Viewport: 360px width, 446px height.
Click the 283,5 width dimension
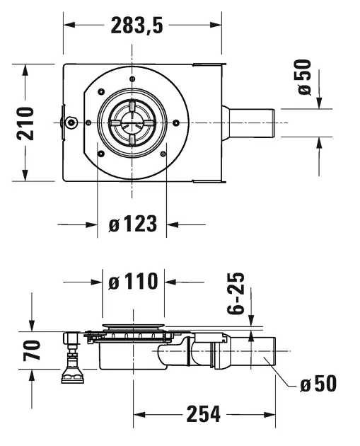point(137,25)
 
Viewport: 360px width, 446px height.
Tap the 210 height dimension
point(25,123)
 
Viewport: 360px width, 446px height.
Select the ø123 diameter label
point(133,224)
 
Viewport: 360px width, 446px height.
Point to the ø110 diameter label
point(133,281)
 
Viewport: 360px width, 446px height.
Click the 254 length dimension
point(204,414)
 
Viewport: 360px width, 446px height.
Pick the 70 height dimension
point(32,350)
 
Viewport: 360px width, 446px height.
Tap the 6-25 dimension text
point(236,293)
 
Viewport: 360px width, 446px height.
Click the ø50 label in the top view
point(305,77)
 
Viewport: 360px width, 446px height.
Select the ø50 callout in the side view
point(318,384)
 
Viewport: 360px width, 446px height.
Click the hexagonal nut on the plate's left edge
point(71,122)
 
